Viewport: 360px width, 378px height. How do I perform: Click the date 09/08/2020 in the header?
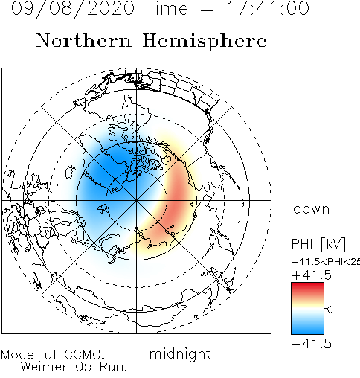click(73, 9)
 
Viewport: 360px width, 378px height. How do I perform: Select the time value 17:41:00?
click(268, 8)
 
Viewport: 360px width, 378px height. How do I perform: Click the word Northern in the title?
click(84, 40)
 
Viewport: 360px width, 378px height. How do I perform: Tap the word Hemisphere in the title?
click(205, 42)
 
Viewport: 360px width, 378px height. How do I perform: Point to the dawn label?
click(312, 208)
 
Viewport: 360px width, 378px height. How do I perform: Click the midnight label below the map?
click(180, 354)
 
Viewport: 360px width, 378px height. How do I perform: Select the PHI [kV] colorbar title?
click(318, 244)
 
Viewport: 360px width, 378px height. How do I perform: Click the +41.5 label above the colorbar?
click(312, 275)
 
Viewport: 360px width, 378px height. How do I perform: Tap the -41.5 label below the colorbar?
click(312, 344)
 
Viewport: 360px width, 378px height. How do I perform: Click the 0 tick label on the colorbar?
click(330, 310)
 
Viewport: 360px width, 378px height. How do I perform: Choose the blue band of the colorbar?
click(307, 325)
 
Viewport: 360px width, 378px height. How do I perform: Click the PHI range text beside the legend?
click(326, 262)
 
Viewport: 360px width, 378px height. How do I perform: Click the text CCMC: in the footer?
click(85, 355)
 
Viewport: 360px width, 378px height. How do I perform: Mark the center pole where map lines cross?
click(136, 200)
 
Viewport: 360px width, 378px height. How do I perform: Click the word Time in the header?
click(167, 8)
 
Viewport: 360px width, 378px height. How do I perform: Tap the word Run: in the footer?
click(114, 366)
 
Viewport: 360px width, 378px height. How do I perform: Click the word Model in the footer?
click(19, 355)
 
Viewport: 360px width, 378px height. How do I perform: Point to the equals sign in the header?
click(207, 10)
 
